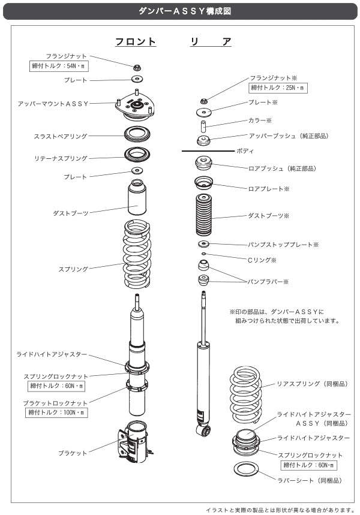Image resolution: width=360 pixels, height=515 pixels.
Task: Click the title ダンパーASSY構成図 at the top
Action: click(180, 10)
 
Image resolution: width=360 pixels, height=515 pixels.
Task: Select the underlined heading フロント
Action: click(136, 42)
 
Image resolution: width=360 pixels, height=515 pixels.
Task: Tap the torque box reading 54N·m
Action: click(59, 67)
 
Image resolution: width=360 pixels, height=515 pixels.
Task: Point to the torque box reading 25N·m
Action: click(278, 88)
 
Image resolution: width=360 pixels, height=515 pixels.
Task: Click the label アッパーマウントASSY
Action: click(53, 104)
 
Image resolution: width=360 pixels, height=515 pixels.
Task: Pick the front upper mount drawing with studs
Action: click(137, 107)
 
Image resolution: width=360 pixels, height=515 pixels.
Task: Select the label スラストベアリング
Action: click(60, 137)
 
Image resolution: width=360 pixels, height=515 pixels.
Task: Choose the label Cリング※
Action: click(262, 260)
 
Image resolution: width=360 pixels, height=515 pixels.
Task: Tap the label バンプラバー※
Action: click(269, 281)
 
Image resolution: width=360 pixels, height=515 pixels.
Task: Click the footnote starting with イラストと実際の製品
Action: click(281, 509)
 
